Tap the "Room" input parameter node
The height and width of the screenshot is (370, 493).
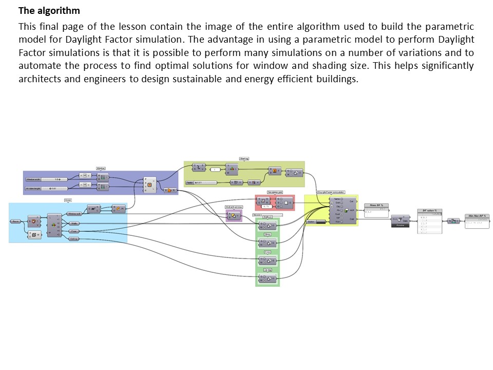[x=16, y=221]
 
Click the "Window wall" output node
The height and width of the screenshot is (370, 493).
[x=74, y=213]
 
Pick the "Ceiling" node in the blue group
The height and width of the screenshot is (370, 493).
[x=74, y=239]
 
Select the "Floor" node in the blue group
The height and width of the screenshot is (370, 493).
[x=74, y=231]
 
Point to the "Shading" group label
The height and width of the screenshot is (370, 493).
[x=244, y=159]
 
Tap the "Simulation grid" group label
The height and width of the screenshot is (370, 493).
[x=275, y=192]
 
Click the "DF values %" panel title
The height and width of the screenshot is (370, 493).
[x=429, y=211]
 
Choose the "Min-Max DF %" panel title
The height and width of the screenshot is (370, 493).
[x=477, y=216]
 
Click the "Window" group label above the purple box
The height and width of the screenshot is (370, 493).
[x=101, y=168]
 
